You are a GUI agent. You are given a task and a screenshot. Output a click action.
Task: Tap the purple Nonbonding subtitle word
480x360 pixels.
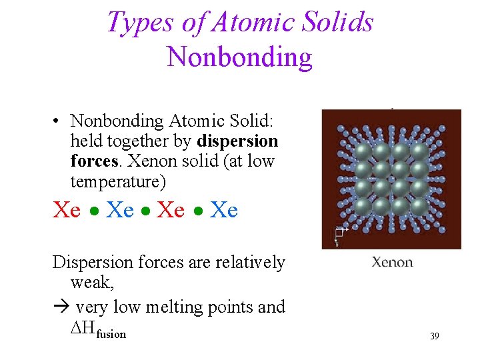coord(239,57)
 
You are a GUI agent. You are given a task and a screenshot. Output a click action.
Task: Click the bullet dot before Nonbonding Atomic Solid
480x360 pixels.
coord(59,121)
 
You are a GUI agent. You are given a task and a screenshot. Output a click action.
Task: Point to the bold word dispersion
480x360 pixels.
coord(237,141)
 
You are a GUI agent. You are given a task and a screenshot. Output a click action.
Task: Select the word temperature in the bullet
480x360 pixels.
coord(117,181)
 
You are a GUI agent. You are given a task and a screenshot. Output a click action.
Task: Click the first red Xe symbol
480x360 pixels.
coord(67,210)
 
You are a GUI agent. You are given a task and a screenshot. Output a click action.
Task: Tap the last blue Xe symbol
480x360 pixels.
coord(224,210)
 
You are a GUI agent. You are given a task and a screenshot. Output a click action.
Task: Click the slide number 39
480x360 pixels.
coord(434,336)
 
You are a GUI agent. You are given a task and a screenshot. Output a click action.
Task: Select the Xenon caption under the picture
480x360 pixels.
coord(392,262)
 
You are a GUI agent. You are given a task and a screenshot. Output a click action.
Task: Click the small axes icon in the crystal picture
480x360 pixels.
coord(340,233)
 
